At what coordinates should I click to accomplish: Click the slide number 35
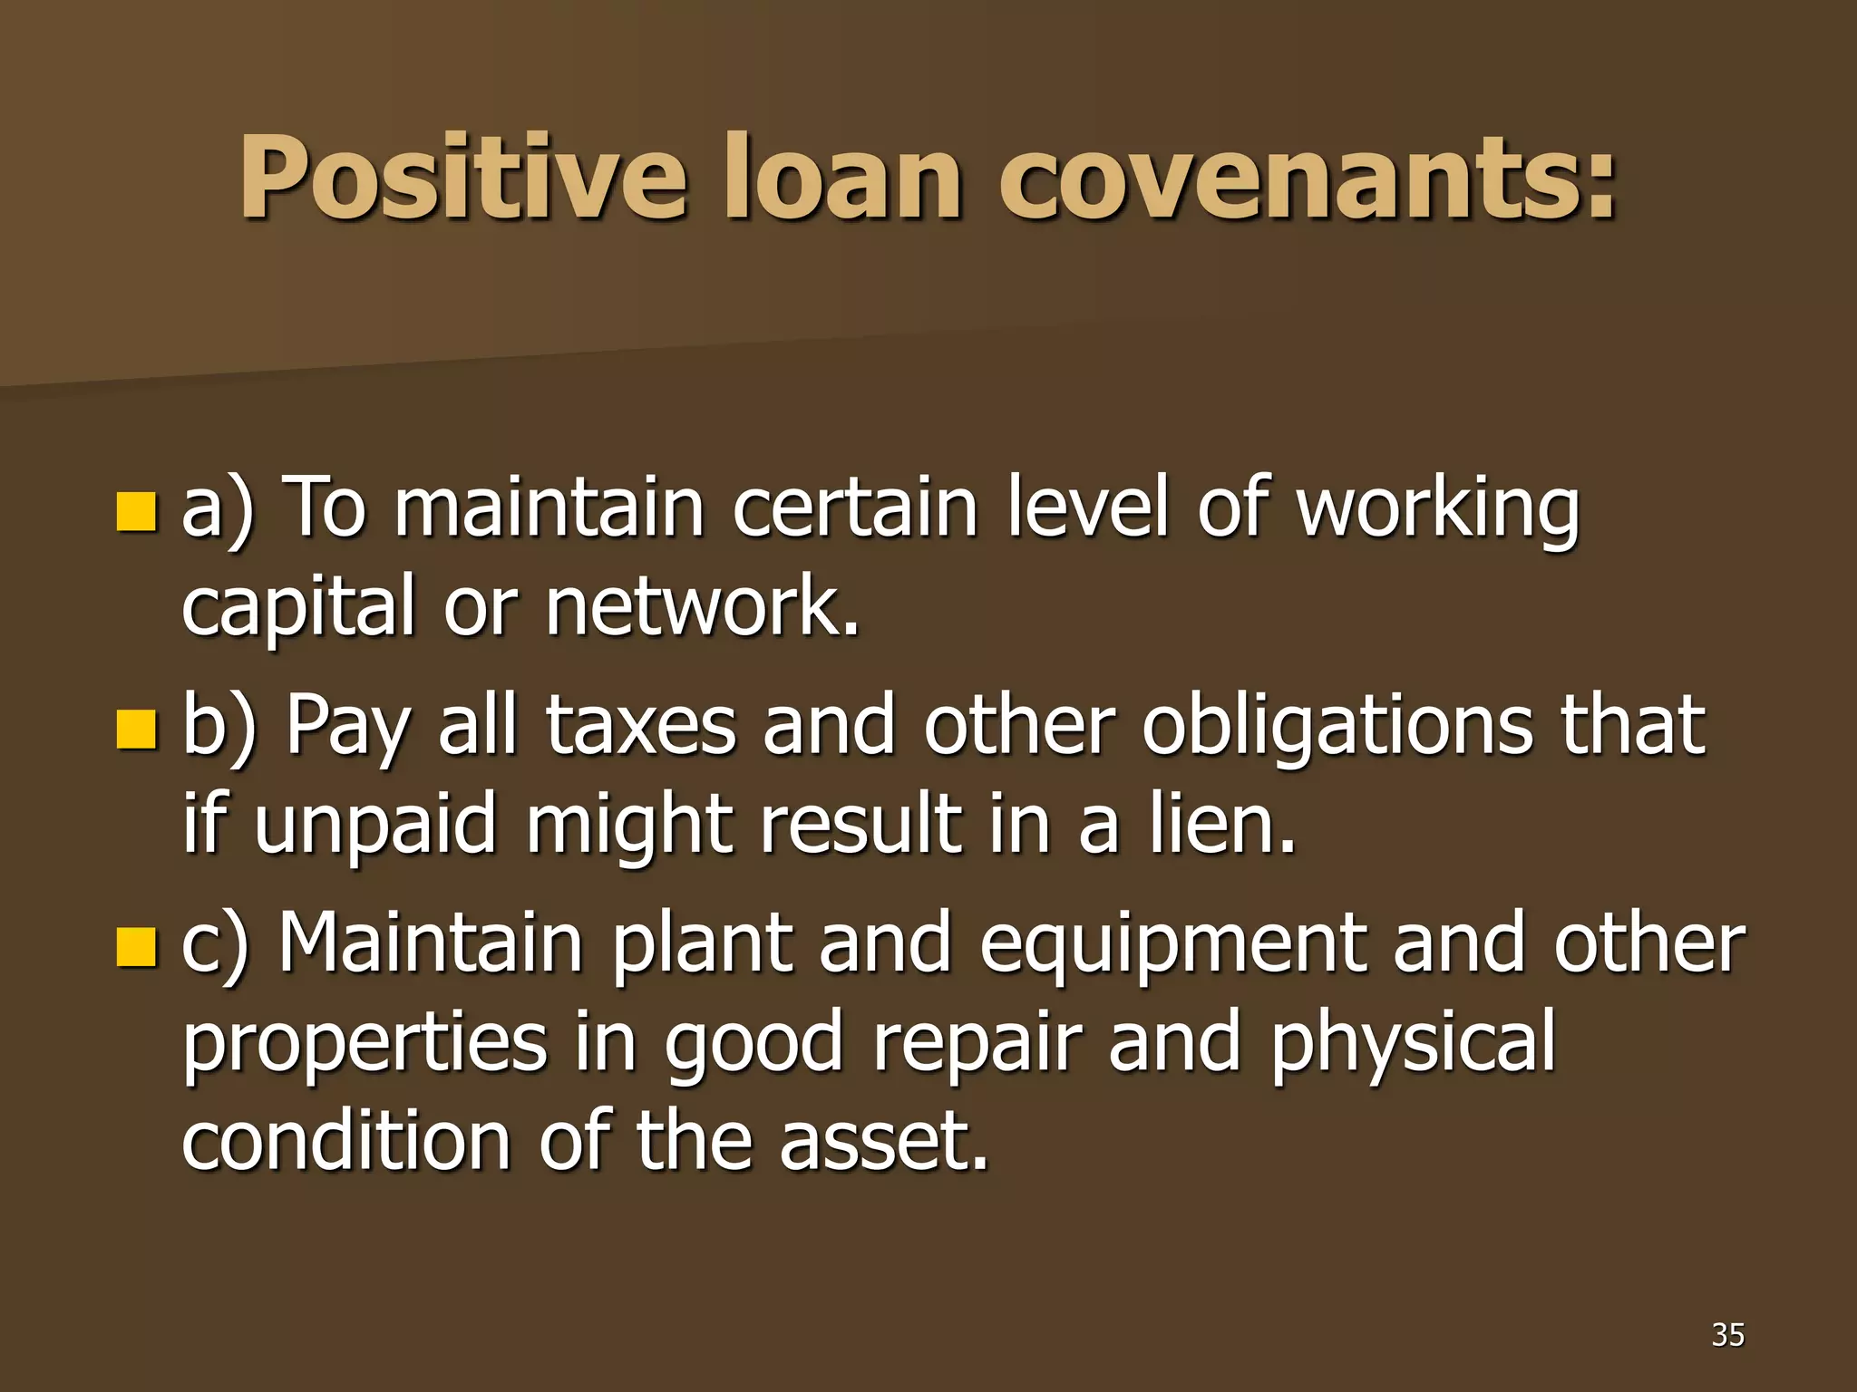[x=1727, y=1335]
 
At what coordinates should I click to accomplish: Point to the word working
[x=1438, y=509]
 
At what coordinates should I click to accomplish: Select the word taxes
[x=640, y=727]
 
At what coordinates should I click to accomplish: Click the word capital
[x=298, y=607]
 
